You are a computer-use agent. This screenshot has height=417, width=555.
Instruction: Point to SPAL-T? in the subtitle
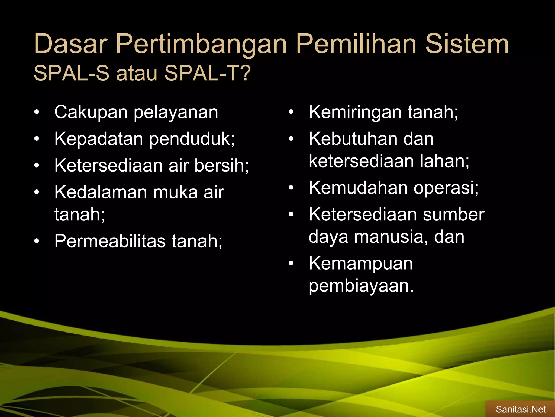[x=208, y=73]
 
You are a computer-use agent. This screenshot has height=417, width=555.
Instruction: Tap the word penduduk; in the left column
[x=192, y=139]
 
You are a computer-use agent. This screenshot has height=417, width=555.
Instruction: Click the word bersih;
[x=222, y=165]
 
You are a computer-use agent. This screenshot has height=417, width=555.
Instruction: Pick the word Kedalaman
[x=101, y=192]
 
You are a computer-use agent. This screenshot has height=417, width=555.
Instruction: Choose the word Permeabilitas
[x=110, y=241]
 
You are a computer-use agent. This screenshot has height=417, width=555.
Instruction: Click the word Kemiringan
[x=355, y=113]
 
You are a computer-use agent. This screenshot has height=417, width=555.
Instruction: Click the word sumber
[x=453, y=214]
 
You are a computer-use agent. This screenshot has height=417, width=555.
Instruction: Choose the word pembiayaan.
[x=361, y=286]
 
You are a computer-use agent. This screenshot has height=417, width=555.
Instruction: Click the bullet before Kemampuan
[x=291, y=264]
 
